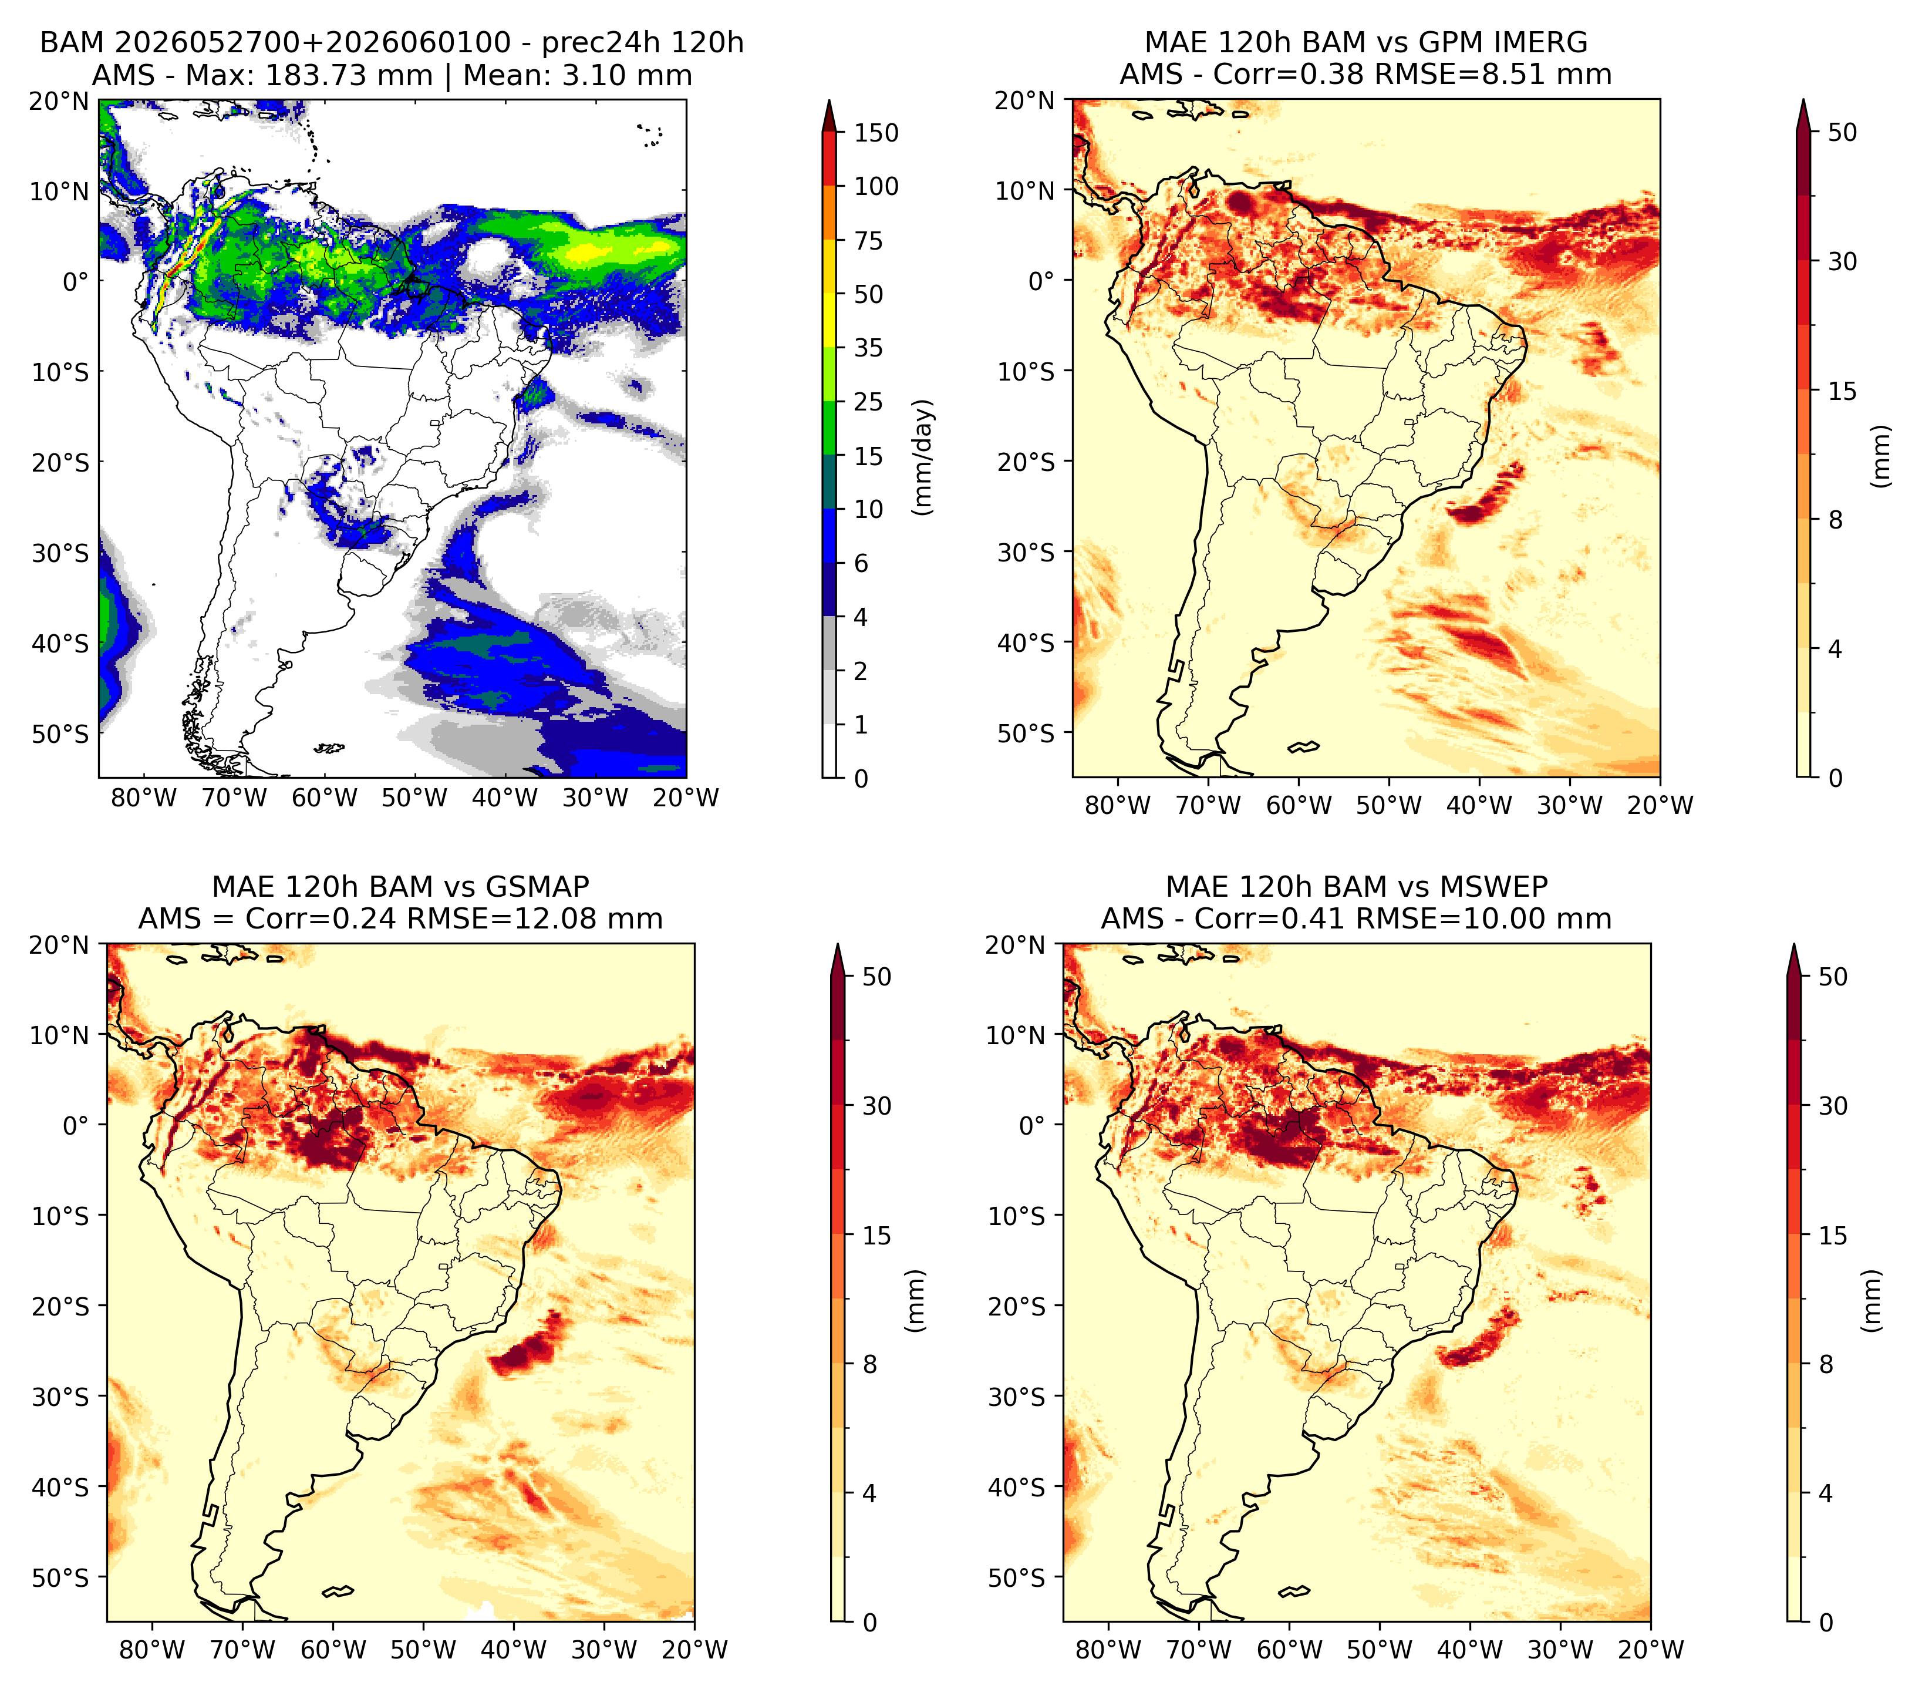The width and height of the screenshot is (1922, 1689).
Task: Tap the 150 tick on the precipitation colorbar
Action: (876, 133)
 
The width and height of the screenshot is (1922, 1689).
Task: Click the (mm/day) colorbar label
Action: (925, 457)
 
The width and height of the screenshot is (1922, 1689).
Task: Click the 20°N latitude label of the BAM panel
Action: (58, 102)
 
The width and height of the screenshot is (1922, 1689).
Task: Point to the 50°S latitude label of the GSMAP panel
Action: (60, 1578)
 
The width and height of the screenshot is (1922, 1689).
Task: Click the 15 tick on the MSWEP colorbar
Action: (1833, 1236)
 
